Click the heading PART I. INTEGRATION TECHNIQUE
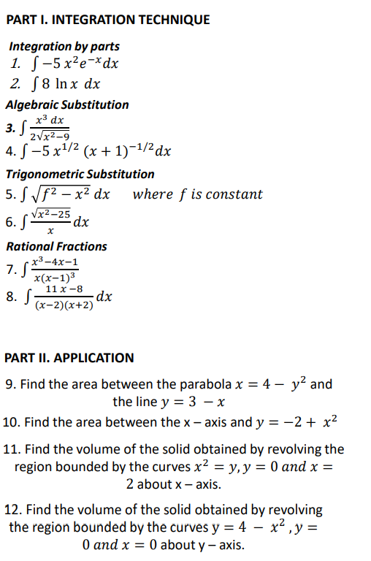107,20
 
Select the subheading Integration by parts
64,47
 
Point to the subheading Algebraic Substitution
67,104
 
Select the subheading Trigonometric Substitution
80,174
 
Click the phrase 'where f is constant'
197,194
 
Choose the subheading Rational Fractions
56,246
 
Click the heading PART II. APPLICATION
69,358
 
